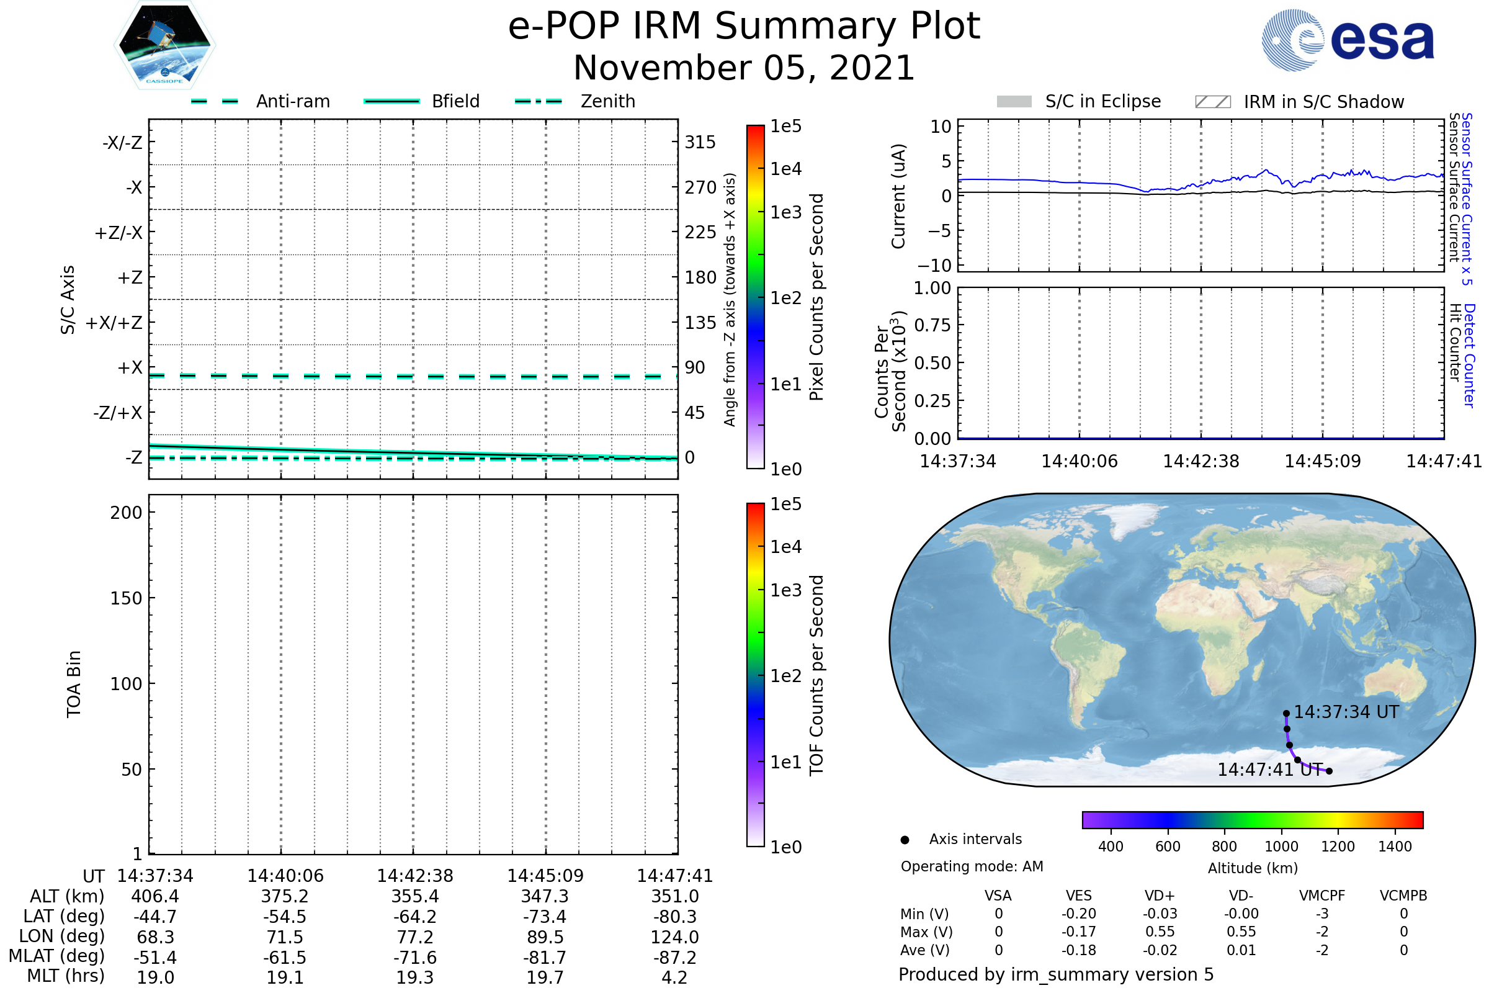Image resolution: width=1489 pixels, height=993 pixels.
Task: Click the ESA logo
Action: (1348, 39)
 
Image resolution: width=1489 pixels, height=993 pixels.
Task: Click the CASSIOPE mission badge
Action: (164, 44)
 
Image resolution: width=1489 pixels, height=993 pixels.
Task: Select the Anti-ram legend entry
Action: (260, 101)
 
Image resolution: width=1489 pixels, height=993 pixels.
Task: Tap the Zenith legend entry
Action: (575, 101)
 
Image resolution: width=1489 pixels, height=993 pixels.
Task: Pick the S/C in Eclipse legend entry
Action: (1079, 101)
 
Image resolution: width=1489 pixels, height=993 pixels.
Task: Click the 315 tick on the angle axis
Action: (700, 142)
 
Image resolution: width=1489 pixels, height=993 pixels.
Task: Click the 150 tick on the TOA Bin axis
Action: (126, 598)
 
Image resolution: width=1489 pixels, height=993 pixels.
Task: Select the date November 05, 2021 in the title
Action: (744, 68)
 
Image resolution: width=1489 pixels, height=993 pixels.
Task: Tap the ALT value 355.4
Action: (414, 897)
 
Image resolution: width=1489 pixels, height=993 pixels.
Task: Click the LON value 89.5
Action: (545, 937)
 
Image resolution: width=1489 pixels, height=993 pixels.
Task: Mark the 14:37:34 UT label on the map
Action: (1346, 712)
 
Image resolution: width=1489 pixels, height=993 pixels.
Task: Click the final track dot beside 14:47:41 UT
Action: (1329, 771)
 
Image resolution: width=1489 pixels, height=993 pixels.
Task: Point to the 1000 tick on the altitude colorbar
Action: (1281, 847)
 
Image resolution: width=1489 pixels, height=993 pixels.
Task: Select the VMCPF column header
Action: (1322, 896)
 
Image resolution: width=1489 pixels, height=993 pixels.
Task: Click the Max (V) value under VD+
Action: (1160, 932)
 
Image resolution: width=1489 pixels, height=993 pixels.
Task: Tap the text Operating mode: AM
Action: (972, 866)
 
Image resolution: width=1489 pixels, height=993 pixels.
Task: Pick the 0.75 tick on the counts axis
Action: (932, 325)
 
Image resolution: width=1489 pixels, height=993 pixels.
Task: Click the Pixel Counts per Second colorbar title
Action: (816, 297)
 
